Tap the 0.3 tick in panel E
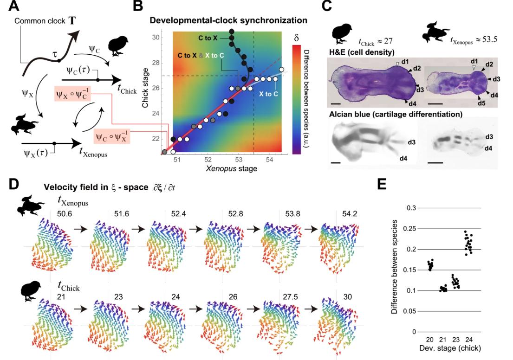[x=409, y=208]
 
